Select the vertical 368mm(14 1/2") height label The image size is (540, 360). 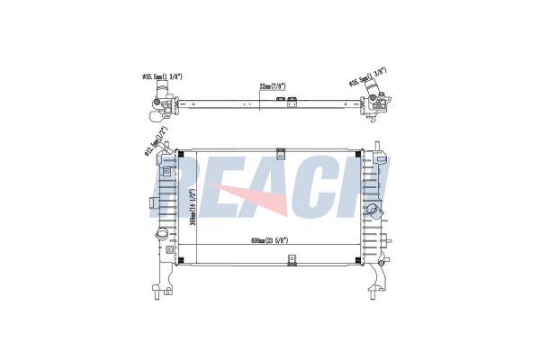tap(193, 205)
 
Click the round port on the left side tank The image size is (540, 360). tap(163, 235)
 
